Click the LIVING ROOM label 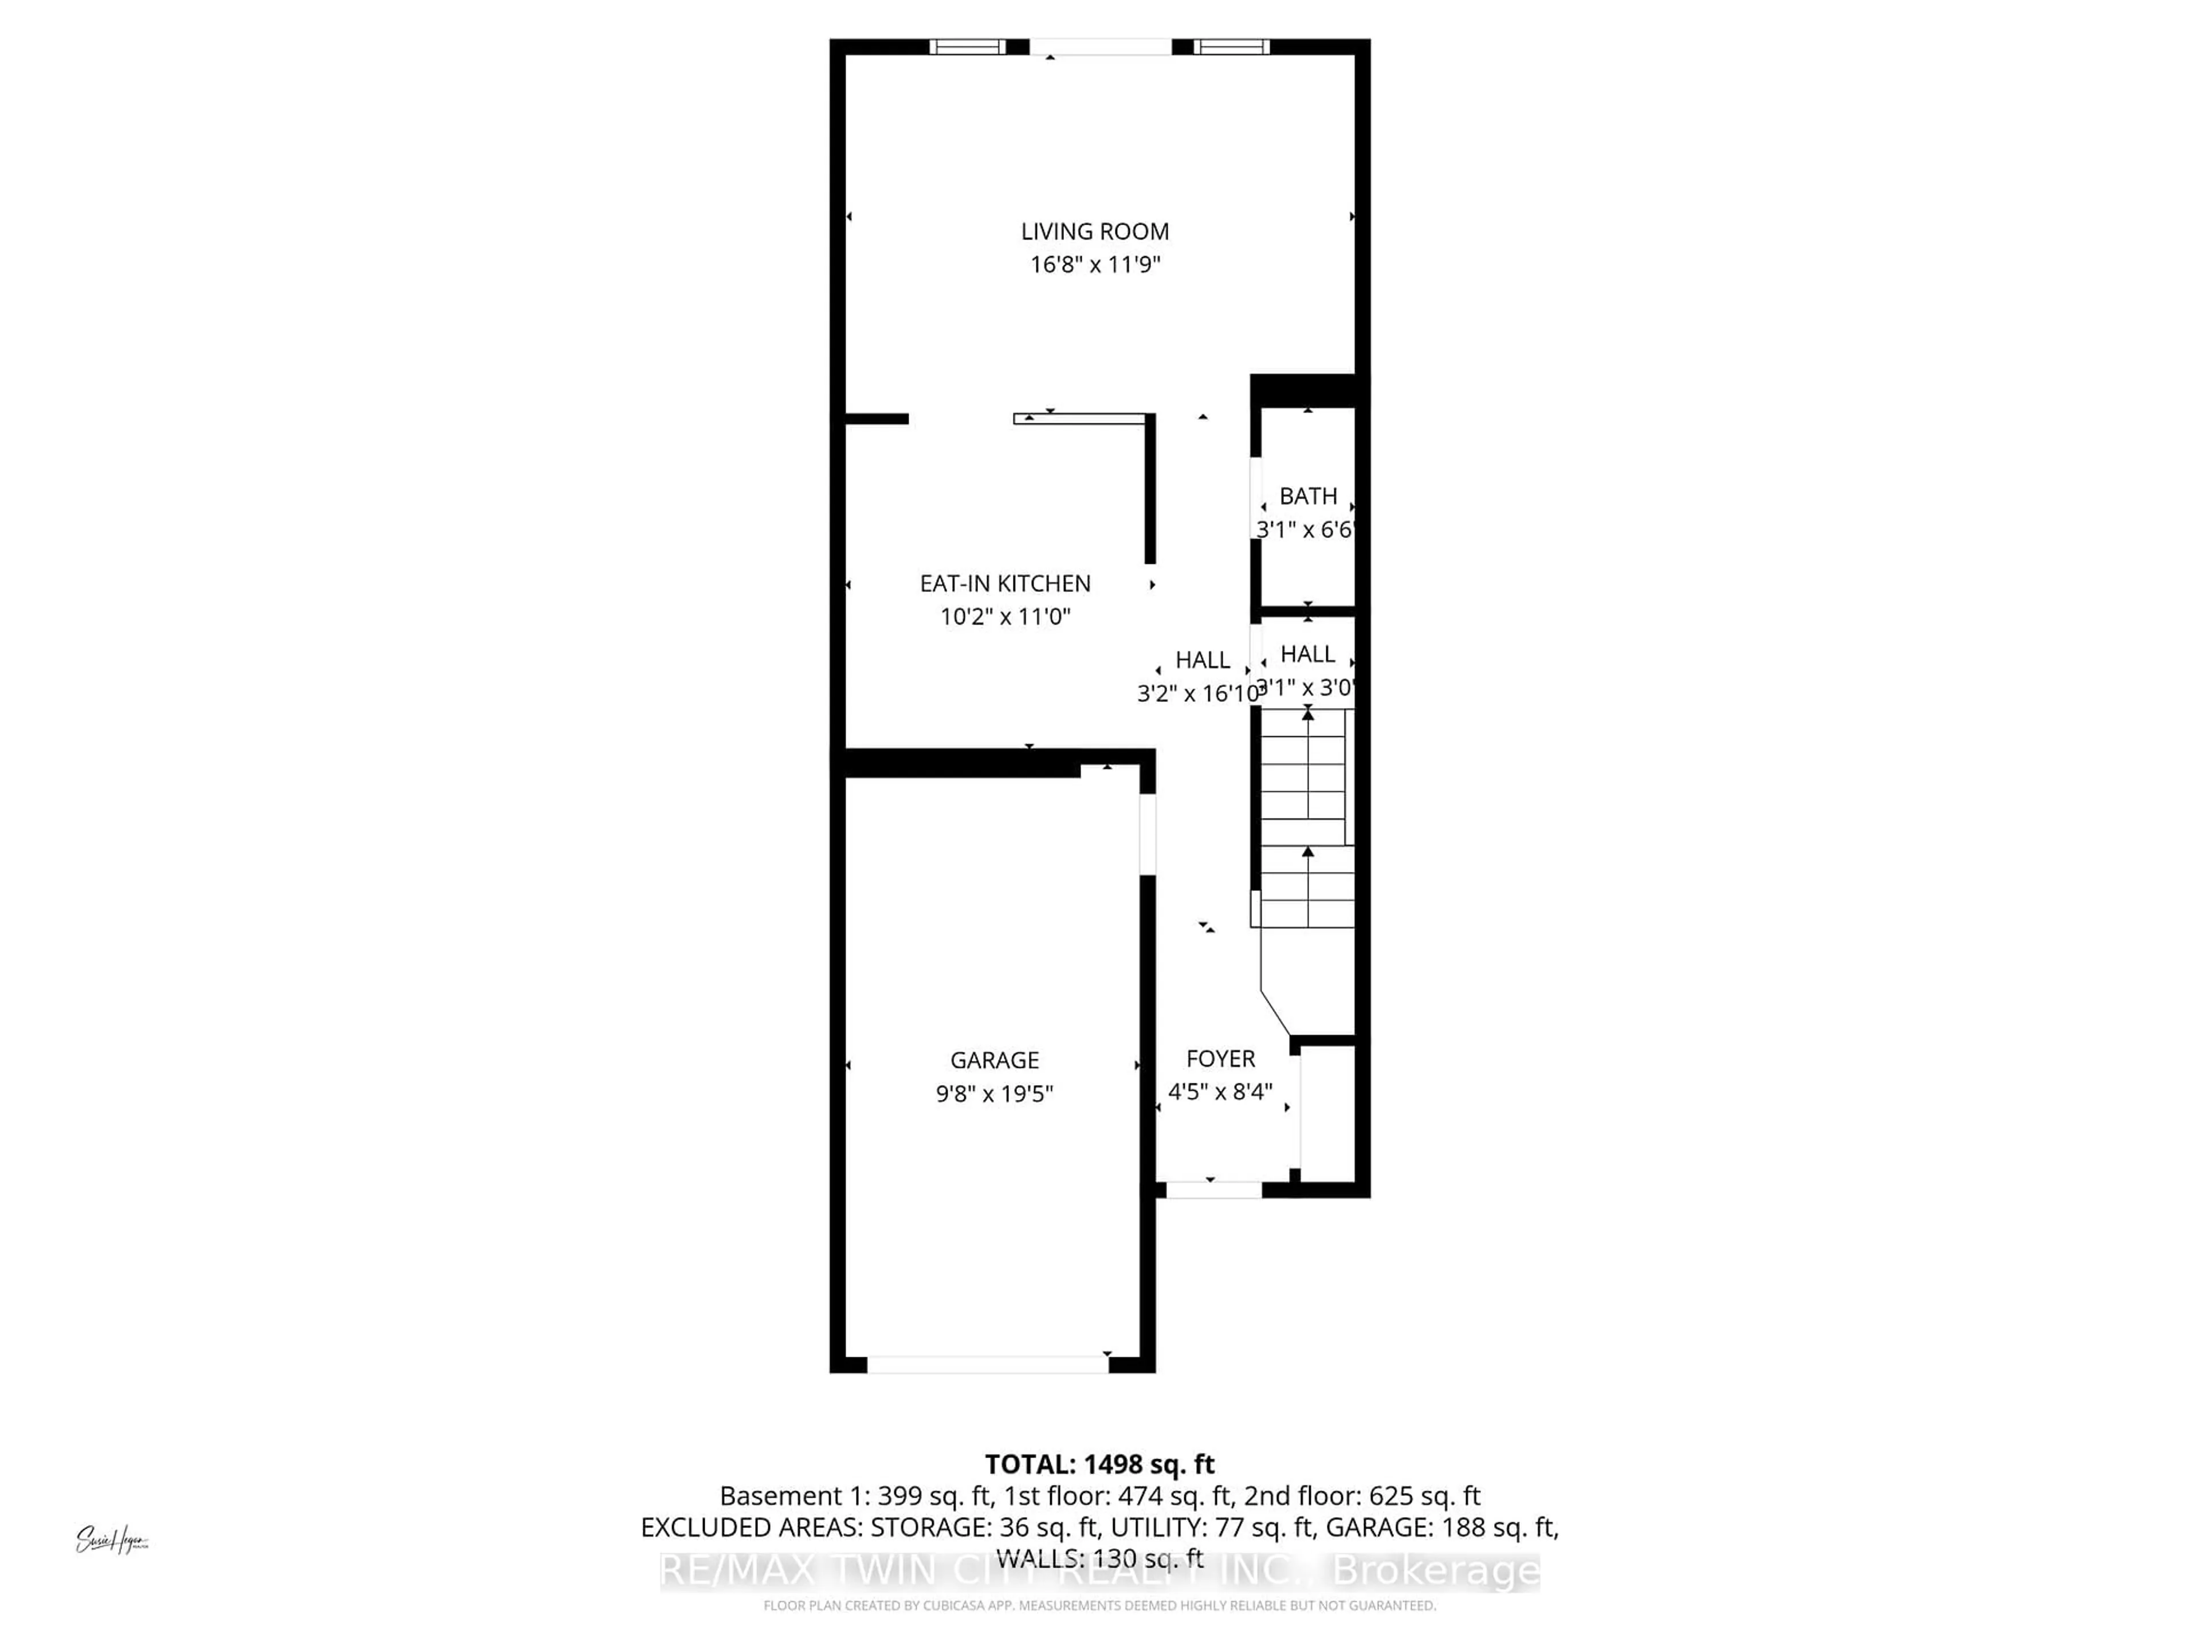(1094, 231)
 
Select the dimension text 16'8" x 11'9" (1094, 265)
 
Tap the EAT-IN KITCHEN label (1004, 584)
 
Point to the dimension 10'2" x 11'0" (1004, 616)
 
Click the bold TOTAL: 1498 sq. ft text (1099, 1464)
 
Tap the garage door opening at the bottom (988, 1366)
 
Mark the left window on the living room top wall (967, 47)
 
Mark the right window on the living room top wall (1231, 47)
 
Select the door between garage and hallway (1147, 834)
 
